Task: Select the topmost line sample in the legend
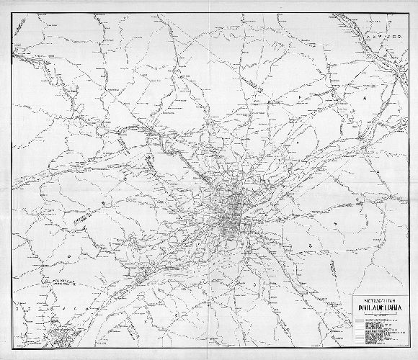[x=361, y=325]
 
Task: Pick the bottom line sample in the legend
[x=361, y=343]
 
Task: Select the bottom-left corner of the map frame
[x=12, y=351]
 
